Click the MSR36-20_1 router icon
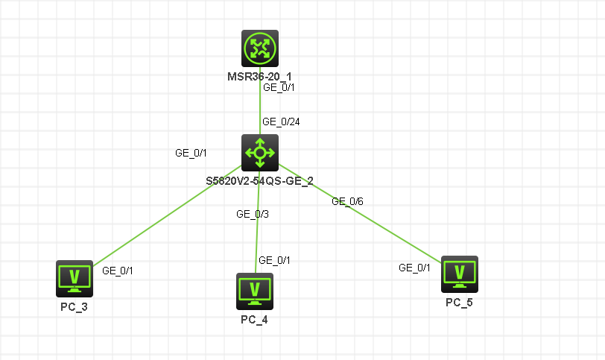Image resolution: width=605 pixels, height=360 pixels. (x=260, y=48)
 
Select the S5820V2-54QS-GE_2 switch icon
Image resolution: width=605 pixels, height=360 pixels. (x=260, y=153)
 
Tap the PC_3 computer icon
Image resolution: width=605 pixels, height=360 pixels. (x=75, y=278)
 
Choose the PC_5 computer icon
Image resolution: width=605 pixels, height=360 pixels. (x=459, y=274)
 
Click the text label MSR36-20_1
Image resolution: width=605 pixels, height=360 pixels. (x=260, y=76)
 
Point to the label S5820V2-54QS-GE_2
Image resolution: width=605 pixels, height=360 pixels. (x=260, y=180)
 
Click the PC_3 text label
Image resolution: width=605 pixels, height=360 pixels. (x=75, y=306)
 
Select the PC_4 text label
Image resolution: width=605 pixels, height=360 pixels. (x=255, y=319)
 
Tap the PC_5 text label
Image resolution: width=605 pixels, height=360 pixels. (x=459, y=302)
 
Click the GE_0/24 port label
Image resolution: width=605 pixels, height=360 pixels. (x=280, y=121)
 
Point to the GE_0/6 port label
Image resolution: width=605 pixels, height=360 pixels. (x=347, y=201)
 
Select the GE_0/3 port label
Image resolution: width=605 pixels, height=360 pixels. (x=252, y=214)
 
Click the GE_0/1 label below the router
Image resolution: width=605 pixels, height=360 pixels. (x=279, y=87)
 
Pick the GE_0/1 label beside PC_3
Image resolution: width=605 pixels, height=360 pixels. (x=117, y=271)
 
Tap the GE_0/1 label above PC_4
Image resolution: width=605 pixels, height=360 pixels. (x=274, y=260)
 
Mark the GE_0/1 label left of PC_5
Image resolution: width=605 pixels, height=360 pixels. (x=415, y=268)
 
